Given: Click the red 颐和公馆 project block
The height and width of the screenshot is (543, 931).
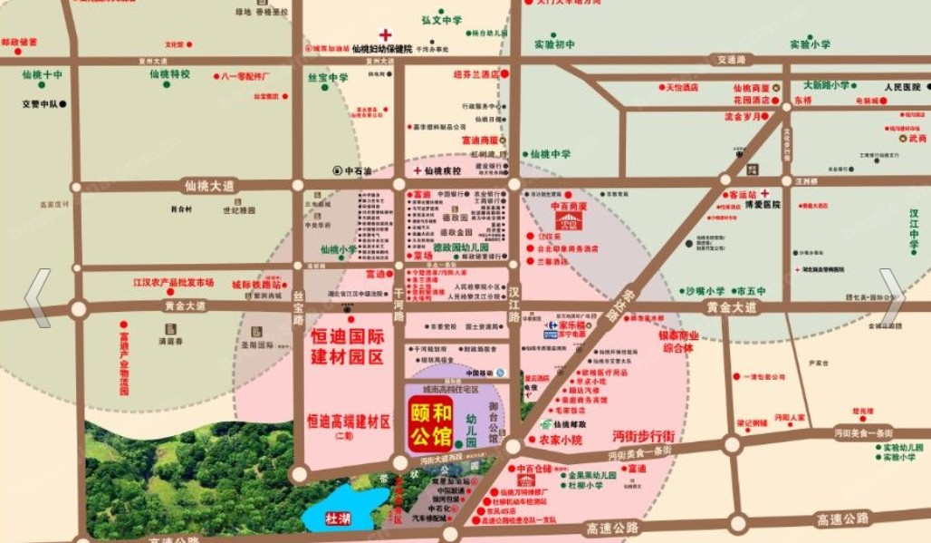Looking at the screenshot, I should point(430,425).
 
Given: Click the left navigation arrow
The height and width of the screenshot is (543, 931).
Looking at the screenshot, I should point(37,297).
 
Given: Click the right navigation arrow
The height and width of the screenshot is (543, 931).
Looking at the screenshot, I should point(891,296).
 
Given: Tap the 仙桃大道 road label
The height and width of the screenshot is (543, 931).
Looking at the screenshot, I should point(208,185).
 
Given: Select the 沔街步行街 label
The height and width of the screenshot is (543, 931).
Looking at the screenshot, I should point(643,436).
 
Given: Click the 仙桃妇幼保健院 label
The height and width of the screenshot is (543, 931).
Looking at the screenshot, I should point(381,48).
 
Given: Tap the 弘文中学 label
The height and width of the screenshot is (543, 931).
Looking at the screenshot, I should point(442,19).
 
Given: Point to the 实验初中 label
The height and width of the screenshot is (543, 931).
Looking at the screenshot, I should point(554,44).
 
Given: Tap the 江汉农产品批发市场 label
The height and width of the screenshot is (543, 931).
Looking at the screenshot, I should point(173,282).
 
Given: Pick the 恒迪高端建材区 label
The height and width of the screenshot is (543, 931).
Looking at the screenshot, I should point(348,422).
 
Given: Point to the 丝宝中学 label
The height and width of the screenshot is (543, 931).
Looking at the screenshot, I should point(328,78).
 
